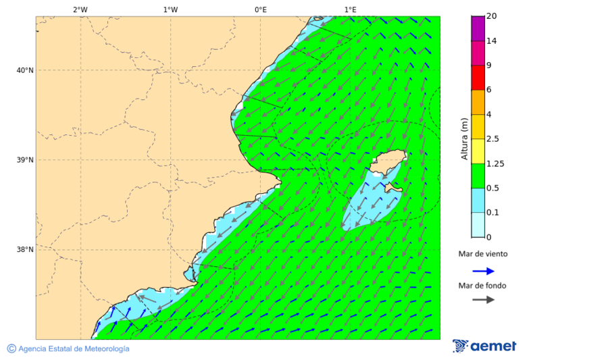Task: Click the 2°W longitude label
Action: tap(80, 9)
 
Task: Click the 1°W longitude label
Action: tap(170, 9)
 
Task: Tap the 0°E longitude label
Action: tap(260, 9)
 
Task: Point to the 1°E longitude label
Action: tap(350, 9)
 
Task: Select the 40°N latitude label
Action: tap(25, 70)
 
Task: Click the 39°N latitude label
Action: tap(25, 160)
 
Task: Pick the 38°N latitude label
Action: tap(25, 249)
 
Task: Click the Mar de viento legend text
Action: tap(482, 254)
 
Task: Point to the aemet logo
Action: tap(484, 346)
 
